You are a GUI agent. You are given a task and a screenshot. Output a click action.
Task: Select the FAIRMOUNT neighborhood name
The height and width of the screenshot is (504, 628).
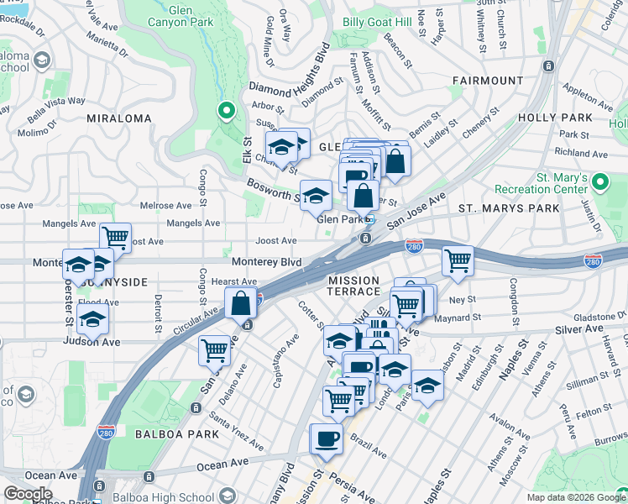point(487,81)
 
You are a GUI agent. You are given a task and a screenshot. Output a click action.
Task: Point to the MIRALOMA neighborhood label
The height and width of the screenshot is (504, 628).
point(119,118)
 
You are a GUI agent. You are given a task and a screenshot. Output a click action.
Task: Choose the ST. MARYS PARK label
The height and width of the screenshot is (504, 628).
point(508,207)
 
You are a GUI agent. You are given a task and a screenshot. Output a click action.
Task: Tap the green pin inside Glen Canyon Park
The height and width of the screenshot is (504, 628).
point(225,110)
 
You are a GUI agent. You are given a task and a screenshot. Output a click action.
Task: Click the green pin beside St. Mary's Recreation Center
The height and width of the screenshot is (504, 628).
point(599,181)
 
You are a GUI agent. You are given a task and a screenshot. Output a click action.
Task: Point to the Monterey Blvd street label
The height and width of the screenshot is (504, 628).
point(266,262)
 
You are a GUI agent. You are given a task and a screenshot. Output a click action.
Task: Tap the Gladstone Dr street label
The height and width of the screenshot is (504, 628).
point(594,316)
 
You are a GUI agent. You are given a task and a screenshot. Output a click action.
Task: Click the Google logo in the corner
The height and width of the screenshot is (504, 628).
point(29,494)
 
